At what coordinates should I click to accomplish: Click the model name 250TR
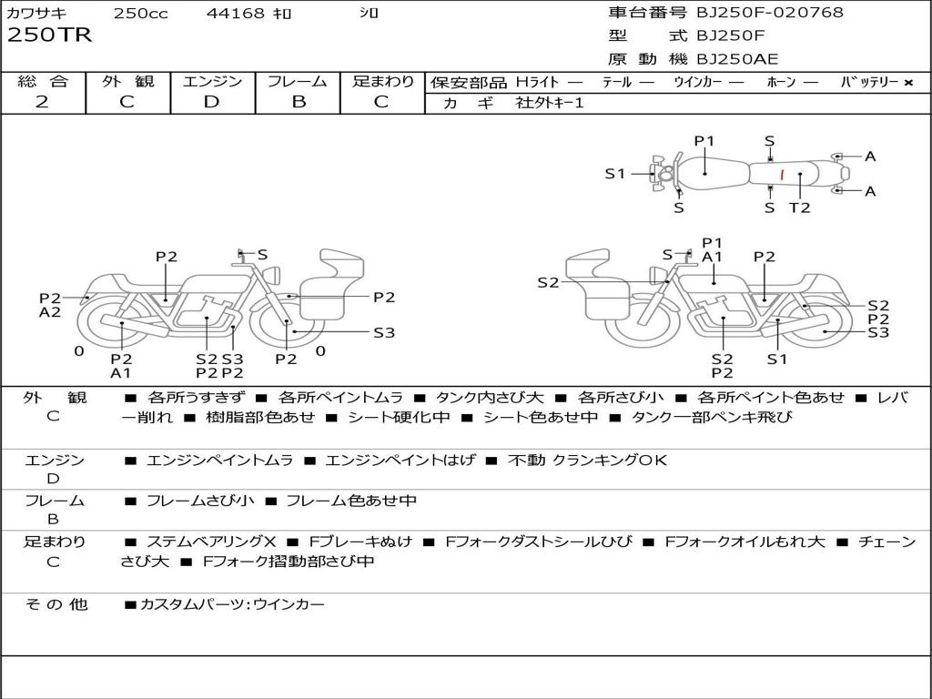pyautogui.click(x=49, y=35)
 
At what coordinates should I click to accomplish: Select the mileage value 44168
pyautogui.click(x=235, y=14)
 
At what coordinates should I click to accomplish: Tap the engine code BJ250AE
pyautogui.click(x=737, y=60)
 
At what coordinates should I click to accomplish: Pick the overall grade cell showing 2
pyautogui.click(x=43, y=102)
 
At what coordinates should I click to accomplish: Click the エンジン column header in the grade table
pyautogui.click(x=212, y=81)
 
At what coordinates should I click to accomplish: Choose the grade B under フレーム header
pyautogui.click(x=298, y=102)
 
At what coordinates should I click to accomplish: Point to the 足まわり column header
pyautogui.click(x=382, y=81)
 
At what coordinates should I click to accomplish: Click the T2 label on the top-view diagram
pyautogui.click(x=799, y=208)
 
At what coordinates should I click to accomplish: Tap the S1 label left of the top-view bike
pyautogui.click(x=615, y=173)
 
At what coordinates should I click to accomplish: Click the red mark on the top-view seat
pyautogui.click(x=781, y=174)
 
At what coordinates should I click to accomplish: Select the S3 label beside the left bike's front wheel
pyautogui.click(x=384, y=332)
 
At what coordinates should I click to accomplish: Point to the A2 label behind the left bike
pyautogui.click(x=50, y=312)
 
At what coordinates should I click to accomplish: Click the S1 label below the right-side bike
pyautogui.click(x=776, y=359)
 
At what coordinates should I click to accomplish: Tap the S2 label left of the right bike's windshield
pyautogui.click(x=547, y=283)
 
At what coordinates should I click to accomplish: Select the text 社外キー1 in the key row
pyautogui.click(x=550, y=103)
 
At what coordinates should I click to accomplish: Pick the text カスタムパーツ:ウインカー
pyautogui.click(x=231, y=604)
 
